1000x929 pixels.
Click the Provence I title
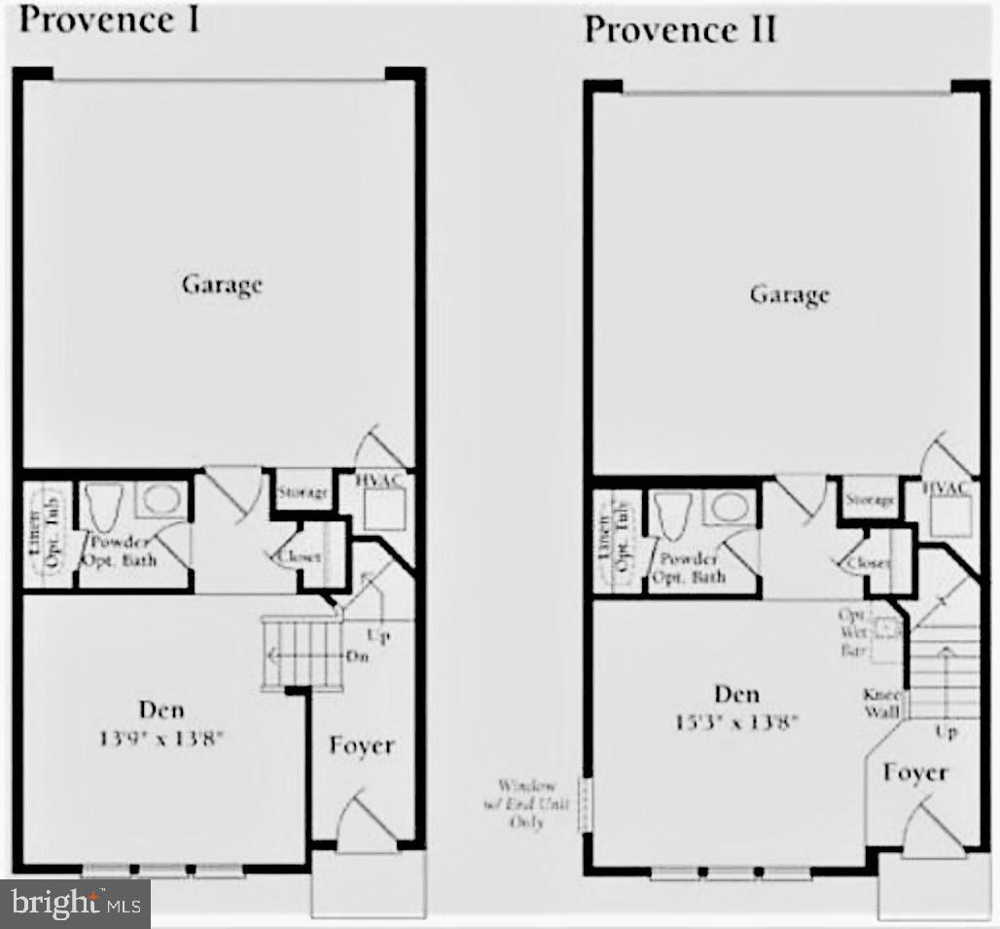click(x=109, y=18)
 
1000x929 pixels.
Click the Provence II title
click(x=680, y=29)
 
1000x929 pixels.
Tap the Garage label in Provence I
click(x=222, y=285)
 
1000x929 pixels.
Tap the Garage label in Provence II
click(x=789, y=294)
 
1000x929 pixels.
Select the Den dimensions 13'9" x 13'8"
click(x=161, y=736)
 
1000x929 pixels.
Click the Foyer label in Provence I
click(x=361, y=746)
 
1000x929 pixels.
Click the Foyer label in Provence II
click(x=915, y=772)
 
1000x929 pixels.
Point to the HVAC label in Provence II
click(x=946, y=488)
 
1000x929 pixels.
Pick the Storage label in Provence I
click(x=303, y=493)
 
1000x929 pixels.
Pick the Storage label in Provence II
click(x=870, y=500)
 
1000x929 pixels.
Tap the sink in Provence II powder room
click(x=727, y=507)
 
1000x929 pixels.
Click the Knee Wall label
click(x=881, y=703)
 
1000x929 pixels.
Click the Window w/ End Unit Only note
click(x=526, y=803)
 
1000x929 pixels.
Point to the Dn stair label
click(x=356, y=656)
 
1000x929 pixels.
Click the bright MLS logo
click(x=74, y=904)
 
